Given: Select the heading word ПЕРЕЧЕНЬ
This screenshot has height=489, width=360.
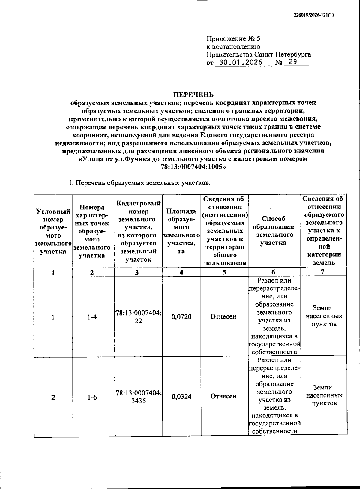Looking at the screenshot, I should tap(195, 94).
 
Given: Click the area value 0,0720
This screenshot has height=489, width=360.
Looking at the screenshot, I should tap(181, 317).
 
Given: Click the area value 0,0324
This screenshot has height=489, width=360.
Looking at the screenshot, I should tap(181, 397).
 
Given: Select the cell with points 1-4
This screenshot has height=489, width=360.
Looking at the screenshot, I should tap(92, 317).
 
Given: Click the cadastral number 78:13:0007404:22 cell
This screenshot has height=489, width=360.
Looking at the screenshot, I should tap(139, 317).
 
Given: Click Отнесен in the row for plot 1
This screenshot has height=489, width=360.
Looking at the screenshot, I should tap(223, 317).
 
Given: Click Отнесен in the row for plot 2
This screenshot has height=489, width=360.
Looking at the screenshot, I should tap(223, 396).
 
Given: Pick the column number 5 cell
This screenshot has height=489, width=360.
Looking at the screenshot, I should tap(224, 272).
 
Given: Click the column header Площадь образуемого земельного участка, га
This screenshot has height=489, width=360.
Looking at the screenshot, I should tap(181, 231).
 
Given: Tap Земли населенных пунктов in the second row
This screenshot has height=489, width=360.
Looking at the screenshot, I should tap(324, 395).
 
